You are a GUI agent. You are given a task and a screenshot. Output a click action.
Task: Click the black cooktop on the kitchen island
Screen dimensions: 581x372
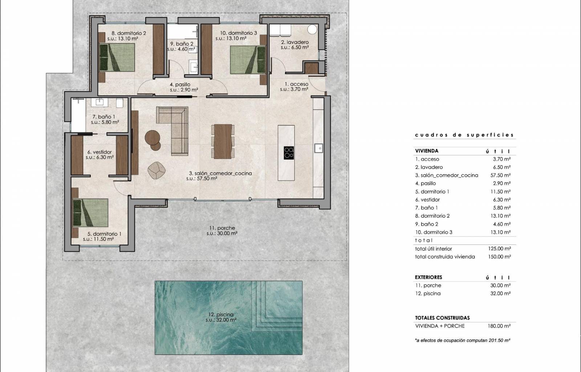[x=289, y=153]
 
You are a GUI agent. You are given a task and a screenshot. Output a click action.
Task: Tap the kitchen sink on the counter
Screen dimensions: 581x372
[x=318, y=148]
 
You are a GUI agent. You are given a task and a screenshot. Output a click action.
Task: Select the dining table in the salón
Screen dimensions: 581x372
[x=223, y=141]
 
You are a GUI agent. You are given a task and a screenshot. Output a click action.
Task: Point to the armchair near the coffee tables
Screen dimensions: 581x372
[x=157, y=170]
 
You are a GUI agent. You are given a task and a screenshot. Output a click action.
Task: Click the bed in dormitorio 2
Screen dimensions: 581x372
[x=117, y=57]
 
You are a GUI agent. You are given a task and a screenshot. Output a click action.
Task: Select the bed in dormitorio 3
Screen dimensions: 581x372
[x=248, y=60]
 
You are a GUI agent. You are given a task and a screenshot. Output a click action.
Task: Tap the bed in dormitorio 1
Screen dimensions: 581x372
[x=90, y=213]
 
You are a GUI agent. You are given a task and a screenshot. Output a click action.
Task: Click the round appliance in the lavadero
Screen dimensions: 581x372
[x=312, y=29]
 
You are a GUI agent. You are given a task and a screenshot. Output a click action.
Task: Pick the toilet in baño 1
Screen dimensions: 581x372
[x=119, y=103]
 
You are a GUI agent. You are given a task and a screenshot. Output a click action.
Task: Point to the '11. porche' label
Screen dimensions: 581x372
[x=222, y=228]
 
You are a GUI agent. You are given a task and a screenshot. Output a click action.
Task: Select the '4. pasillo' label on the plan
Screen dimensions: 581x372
[x=180, y=85]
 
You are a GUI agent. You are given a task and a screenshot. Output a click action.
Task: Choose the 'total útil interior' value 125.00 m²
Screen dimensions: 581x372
[x=500, y=248]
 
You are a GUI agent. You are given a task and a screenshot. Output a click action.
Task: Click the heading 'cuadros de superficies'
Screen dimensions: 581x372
[x=464, y=135]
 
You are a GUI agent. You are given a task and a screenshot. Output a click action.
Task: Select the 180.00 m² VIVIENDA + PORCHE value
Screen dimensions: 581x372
[x=499, y=326]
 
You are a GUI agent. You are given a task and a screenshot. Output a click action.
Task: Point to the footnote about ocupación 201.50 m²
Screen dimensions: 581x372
[x=463, y=340]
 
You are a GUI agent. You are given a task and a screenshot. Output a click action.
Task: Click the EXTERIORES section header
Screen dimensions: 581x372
[x=428, y=277]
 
